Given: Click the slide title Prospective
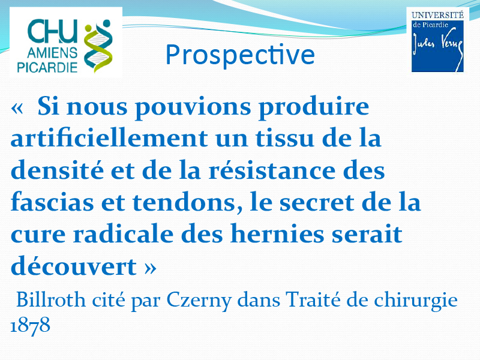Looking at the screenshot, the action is [x=240, y=55].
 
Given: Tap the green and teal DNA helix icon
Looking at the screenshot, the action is [x=98, y=46].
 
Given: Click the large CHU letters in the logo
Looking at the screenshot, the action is [x=52, y=31].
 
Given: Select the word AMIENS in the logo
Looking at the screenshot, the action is [x=52, y=53].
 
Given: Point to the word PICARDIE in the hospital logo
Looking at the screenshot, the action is [x=47, y=67].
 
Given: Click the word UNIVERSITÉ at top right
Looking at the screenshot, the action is [x=437, y=15].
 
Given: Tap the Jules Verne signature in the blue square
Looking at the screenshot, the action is [x=437, y=49].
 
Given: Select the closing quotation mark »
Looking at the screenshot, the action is [x=150, y=268].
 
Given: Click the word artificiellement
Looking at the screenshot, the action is [x=109, y=138].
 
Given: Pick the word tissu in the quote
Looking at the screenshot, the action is [x=285, y=138].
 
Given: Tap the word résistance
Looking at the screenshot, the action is [x=272, y=170].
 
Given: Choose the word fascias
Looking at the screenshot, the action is [x=52, y=202].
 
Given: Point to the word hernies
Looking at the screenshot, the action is [x=277, y=234].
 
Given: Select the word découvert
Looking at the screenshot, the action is [x=73, y=266].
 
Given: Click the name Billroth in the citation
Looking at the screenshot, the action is [x=51, y=299].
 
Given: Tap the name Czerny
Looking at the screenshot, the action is [x=199, y=301].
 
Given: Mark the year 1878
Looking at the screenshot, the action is [x=31, y=326].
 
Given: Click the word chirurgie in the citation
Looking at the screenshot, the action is [x=416, y=301].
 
